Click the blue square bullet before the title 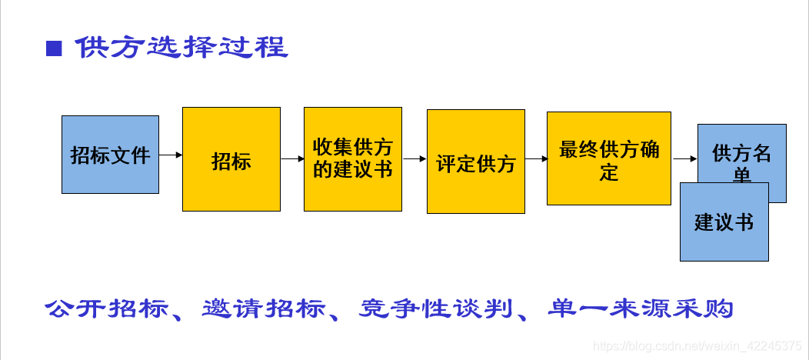[54, 49]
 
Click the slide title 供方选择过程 [181, 48]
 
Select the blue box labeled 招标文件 [110, 155]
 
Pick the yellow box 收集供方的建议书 [353, 158]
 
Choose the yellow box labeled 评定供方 [476, 162]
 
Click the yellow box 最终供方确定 [609, 158]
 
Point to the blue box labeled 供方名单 [742, 152]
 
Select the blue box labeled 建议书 [724, 222]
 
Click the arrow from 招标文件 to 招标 [171, 155]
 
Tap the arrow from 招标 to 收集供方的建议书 [292, 159]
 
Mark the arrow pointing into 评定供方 [414, 159]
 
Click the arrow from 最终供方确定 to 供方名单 [684, 159]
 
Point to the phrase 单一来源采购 [641, 308]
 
